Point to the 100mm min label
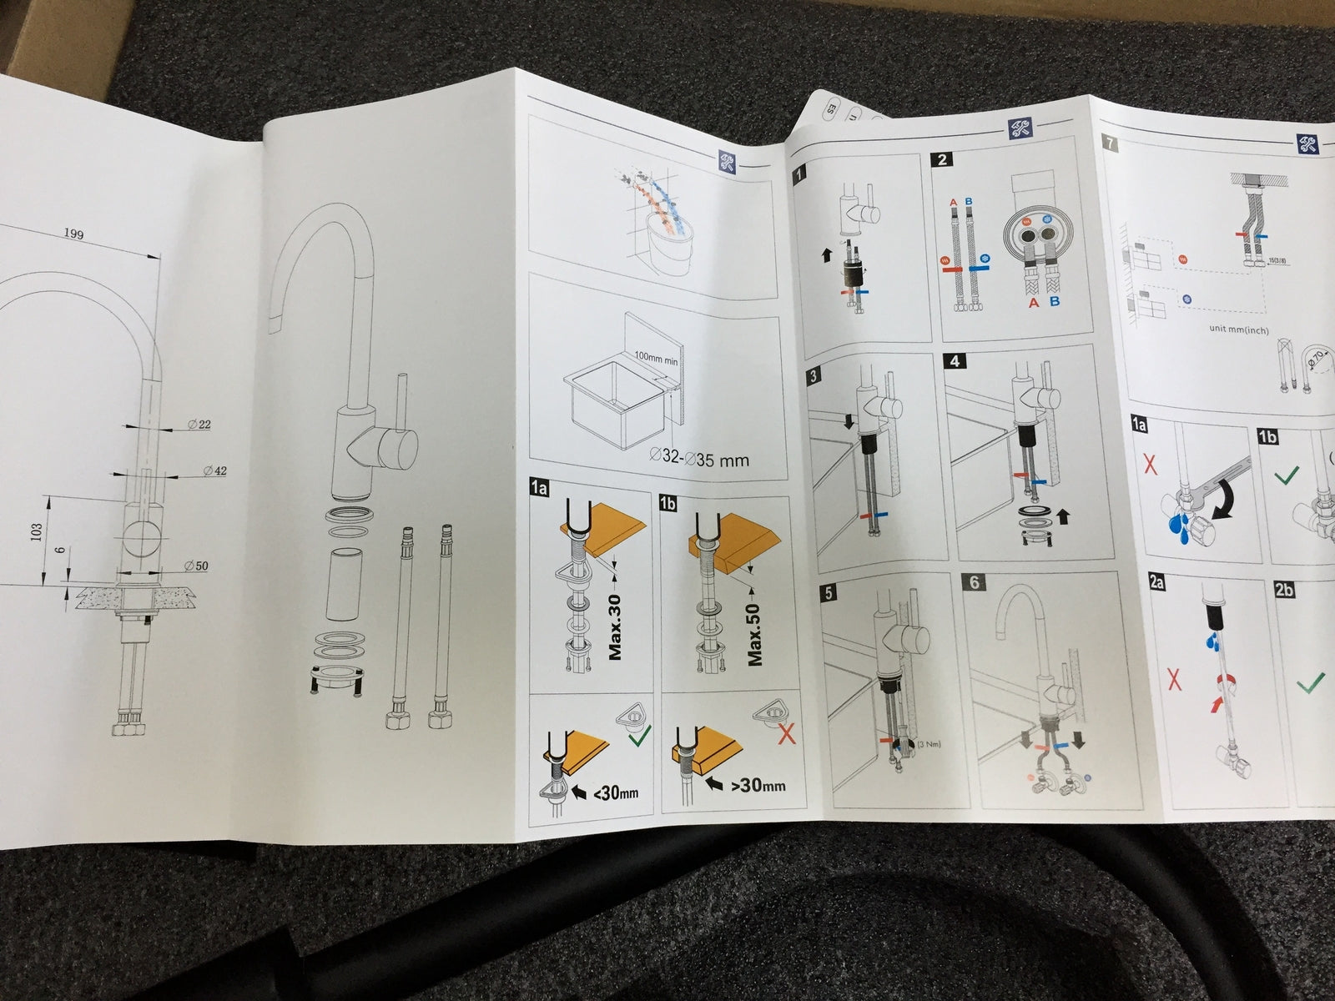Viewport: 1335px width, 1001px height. [x=657, y=356]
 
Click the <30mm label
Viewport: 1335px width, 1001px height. [x=616, y=791]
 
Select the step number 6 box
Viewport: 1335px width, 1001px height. [x=975, y=583]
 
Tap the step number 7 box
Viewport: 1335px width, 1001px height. [x=1107, y=143]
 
